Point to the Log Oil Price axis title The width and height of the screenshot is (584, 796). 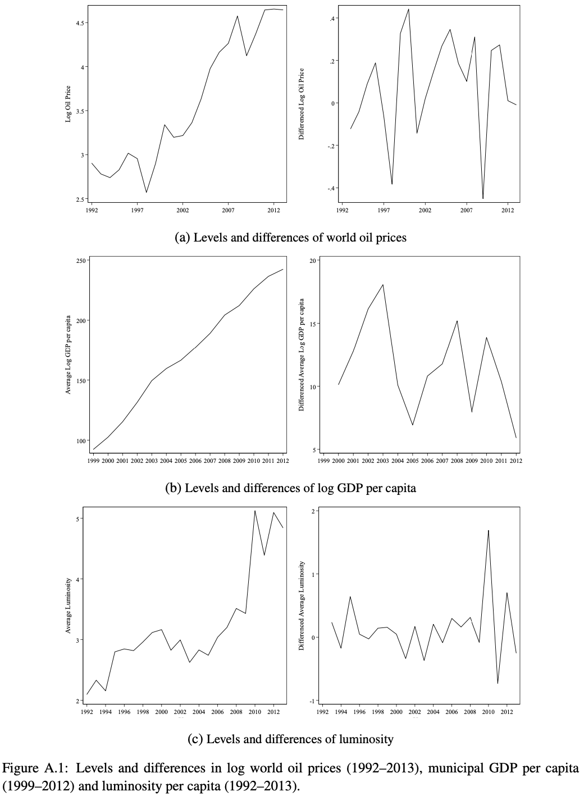68,103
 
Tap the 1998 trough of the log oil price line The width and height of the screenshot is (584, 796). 147,193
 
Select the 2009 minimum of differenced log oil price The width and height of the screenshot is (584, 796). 483,198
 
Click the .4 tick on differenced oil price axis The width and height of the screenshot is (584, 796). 332,19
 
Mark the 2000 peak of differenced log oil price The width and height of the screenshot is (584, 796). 408,9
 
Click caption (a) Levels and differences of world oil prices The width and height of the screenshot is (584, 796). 291,238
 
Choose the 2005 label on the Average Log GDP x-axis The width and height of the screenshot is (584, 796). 180,461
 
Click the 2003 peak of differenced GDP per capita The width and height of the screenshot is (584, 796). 383,284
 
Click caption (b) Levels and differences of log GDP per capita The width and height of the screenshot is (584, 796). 290,488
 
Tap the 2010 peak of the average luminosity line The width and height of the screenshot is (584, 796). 255,511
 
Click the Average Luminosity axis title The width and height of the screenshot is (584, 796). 68,606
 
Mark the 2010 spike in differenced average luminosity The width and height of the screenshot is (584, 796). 489,530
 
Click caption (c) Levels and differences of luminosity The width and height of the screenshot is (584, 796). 290,739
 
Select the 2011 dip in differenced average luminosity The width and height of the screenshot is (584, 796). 498,683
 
